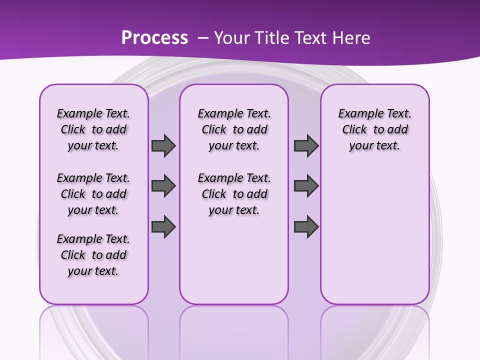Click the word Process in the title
[x=154, y=38]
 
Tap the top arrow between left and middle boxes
[x=163, y=145]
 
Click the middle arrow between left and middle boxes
[x=163, y=186]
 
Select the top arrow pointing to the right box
[x=306, y=145]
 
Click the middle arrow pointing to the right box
[x=306, y=186]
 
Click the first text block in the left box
[x=93, y=129]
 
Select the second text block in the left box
[x=93, y=194]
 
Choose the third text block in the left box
[x=93, y=255]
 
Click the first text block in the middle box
[x=234, y=129]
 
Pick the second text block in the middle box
[x=234, y=194]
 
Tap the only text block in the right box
[x=375, y=129]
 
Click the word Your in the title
[x=232, y=38]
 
